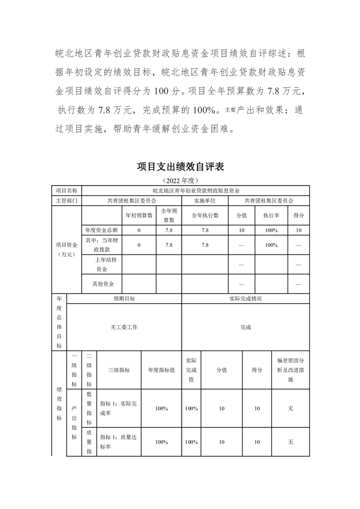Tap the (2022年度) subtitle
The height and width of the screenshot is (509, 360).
pyautogui.click(x=180, y=180)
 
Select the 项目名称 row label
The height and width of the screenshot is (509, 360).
pyautogui.click(x=66, y=190)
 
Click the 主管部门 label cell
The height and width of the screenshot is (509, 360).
pyautogui.click(x=66, y=200)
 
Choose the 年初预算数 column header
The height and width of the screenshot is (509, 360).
pyautogui.click(x=139, y=215)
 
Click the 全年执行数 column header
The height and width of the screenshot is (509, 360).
pyautogui.click(x=205, y=215)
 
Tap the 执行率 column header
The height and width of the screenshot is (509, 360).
pyautogui.click(x=271, y=215)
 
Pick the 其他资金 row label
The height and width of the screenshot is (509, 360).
pyautogui.click(x=103, y=284)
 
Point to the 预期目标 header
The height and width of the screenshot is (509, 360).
pyautogui.click(x=124, y=299)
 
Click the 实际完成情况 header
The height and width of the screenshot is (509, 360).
pyautogui.click(x=246, y=299)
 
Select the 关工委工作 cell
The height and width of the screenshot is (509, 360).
pyautogui.click(x=124, y=327)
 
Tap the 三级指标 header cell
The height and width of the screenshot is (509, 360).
pyautogui.click(x=119, y=370)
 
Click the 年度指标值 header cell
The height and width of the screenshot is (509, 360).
pyautogui.click(x=161, y=370)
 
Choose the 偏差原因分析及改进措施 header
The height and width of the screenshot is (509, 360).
pyautogui.click(x=291, y=370)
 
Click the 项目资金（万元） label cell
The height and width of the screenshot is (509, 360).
pyautogui.click(x=66, y=249)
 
